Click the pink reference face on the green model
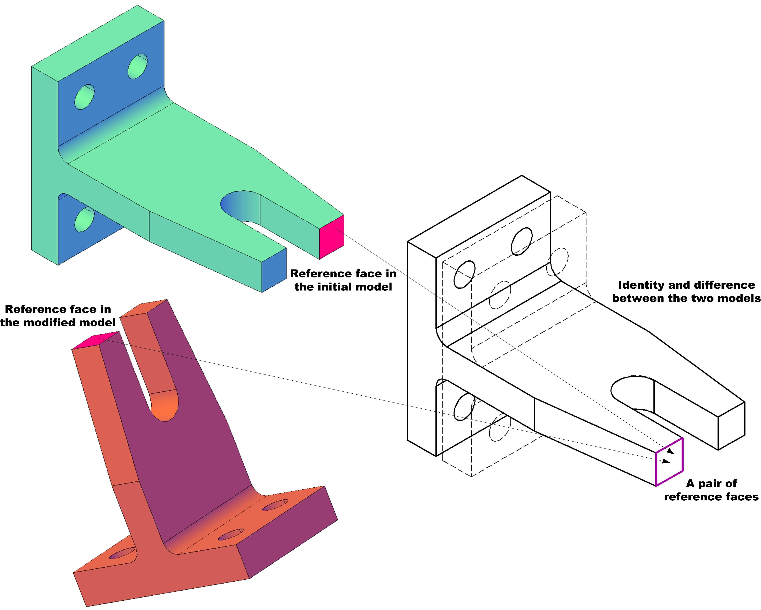(x=332, y=237)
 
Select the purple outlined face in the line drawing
(x=669, y=462)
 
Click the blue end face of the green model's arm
(x=274, y=270)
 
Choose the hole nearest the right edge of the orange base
(x=275, y=505)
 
